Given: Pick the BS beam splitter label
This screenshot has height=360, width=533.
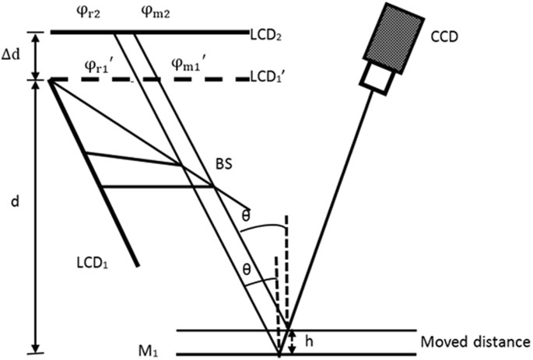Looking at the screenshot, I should click(x=226, y=164).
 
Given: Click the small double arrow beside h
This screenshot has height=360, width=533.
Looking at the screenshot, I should click(x=293, y=341).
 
